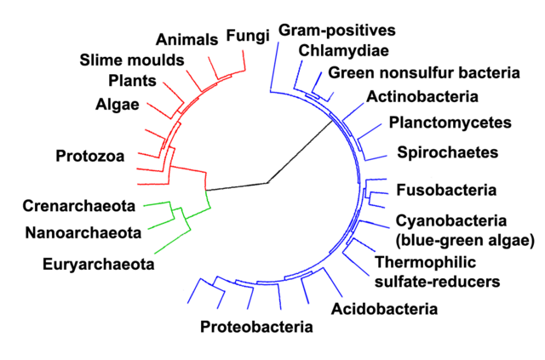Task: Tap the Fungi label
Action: pos(248,36)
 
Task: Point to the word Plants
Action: pos(132,82)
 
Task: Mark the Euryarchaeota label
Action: pos(98,264)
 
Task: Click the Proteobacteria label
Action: pos(256,326)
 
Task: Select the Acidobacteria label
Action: pos(384,308)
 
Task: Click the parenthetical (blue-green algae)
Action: pos(465,239)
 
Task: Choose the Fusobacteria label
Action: pos(446,188)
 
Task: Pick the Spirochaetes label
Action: pos(445,153)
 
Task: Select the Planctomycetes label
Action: pos(450,123)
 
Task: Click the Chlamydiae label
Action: pos(335,49)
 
